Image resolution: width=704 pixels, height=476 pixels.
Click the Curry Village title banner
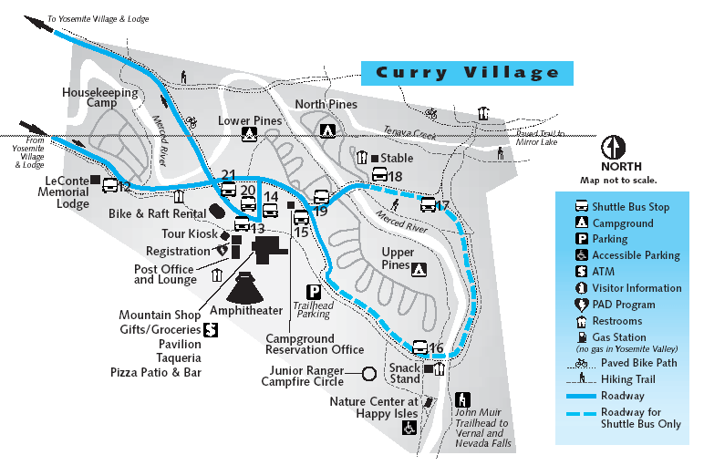[x=467, y=73]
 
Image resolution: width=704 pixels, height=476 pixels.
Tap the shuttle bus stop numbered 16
[x=420, y=347]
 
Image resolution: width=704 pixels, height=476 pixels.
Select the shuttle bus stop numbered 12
[x=110, y=186]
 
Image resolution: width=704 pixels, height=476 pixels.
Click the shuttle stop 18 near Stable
[x=379, y=176]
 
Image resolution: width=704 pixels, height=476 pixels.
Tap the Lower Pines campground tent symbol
[x=248, y=135]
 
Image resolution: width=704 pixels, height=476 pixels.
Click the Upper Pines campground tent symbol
[x=419, y=269]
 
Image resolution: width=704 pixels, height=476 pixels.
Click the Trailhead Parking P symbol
[x=314, y=292]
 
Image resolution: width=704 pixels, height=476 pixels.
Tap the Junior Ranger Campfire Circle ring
[x=368, y=373]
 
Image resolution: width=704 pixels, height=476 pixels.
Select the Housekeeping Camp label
[x=100, y=98]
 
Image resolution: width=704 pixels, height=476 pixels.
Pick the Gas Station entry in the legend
[x=618, y=337]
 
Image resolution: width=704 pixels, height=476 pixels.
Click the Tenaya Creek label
[x=410, y=130]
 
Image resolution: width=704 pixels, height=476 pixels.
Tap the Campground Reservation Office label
[x=315, y=344]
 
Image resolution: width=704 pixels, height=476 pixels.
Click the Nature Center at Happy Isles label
[x=374, y=407]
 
